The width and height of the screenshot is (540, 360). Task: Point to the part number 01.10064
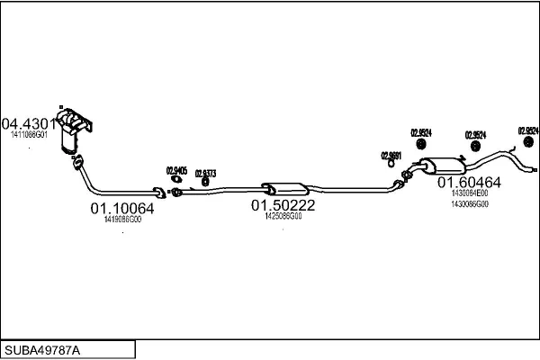tap(121, 208)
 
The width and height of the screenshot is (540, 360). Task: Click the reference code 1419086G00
tap(122, 219)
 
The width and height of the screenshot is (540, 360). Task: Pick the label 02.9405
tap(176, 170)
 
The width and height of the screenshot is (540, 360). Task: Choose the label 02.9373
tap(205, 172)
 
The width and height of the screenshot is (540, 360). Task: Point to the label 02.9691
tap(391, 154)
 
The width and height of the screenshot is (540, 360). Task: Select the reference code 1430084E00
tap(469, 193)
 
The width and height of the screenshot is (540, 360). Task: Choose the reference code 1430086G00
tap(469, 204)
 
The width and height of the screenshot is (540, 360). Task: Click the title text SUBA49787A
tap(46, 349)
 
